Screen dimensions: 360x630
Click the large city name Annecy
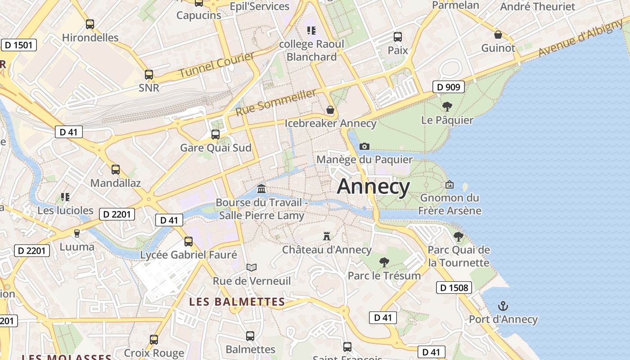click(373, 186)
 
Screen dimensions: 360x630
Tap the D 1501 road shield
click(19, 45)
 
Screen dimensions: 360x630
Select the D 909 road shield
click(449, 87)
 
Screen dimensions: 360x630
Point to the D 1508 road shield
click(454, 288)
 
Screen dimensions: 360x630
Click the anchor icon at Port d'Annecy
click(503, 306)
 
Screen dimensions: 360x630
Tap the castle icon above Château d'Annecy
click(327, 236)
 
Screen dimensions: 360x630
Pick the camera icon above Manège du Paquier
click(364, 146)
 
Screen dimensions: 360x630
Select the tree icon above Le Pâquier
click(447, 107)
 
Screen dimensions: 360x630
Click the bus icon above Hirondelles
click(90, 24)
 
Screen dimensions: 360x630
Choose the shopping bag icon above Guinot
click(498, 35)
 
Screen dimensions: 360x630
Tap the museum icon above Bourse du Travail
click(261, 189)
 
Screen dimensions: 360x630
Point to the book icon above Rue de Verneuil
click(252, 267)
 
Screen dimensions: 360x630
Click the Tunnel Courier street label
click(217, 65)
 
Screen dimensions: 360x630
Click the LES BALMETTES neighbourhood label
click(237, 301)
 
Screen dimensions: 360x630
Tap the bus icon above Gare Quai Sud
click(216, 134)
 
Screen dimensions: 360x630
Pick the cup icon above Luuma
click(77, 233)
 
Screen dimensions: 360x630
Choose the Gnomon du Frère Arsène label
click(450, 204)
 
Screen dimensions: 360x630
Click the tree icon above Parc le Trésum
click(384, 262)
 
